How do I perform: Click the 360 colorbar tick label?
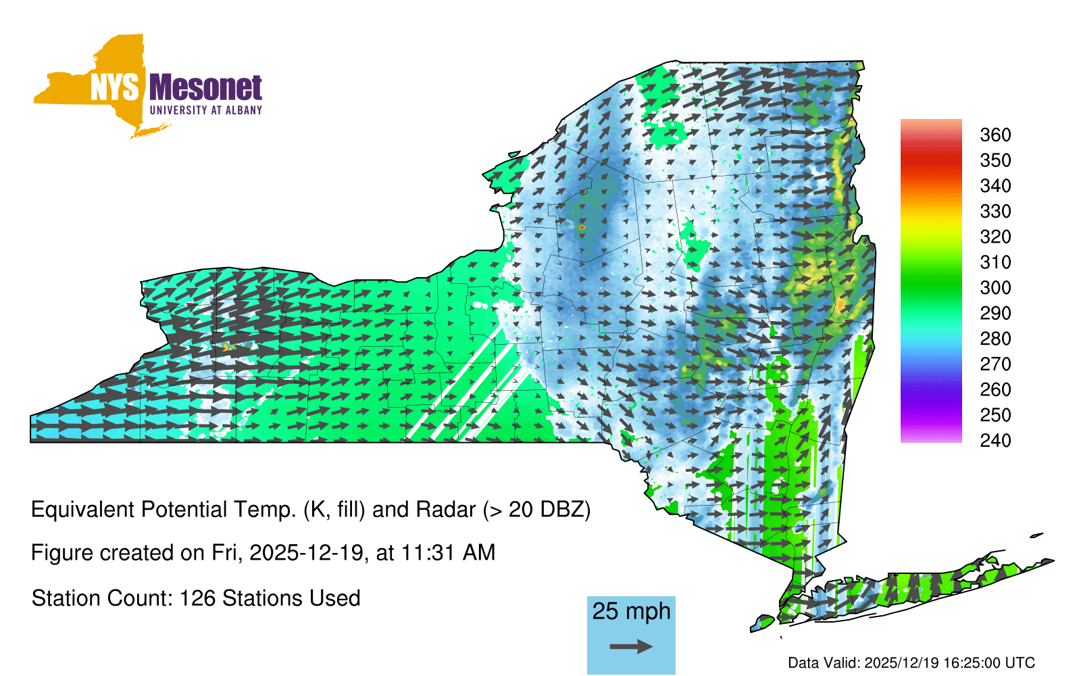pyautogui.click(x=995, y=135)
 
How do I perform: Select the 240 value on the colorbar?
pyautogui.click(x=995, y=440)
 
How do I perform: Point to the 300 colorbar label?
pyautogui.click(x=995, y=288)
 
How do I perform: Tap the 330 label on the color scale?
pyautogui.click(x=995, y=212)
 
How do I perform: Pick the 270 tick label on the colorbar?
pyautogui.click(x=995, y=364)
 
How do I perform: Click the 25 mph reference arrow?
pyautogui.click(x=631, y=646)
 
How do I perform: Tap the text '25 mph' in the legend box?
pyautogui.click(x=631, y=611)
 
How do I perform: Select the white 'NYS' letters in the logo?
pyautogui.click(x=115, y=87)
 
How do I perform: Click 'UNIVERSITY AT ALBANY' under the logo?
pyautogui.click(x=206, y=110)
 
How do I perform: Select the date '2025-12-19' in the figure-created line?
pyautogui.click(x=306, y=553)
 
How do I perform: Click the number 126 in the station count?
pyautogui.click(x=195, y=598)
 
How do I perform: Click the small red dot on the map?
pyautogui.click(x=582, y=227)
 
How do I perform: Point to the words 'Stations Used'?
pyautogui.click(x=291, y=598)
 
